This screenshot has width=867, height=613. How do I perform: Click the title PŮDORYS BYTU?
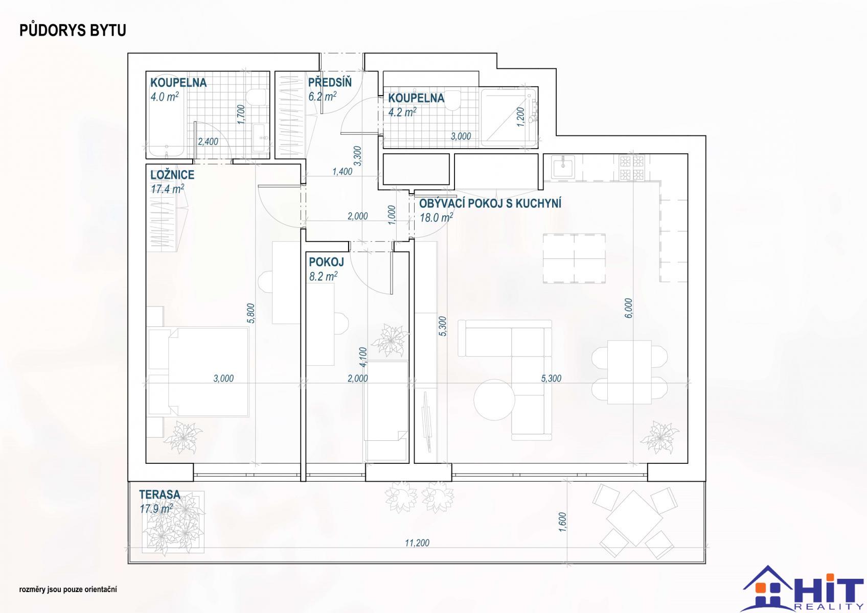point(73,31)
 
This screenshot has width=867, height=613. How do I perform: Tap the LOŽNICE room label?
point(172,175)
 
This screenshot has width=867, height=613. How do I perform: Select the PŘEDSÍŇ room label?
point(330,82)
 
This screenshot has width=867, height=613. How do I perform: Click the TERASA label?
point(159,494)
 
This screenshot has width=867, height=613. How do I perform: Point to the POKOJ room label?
point(326,262)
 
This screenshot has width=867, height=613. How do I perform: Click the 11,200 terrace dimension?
point(417,543)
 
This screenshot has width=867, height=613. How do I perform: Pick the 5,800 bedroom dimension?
point(251,313)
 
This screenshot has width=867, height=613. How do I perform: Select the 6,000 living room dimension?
point(629,308)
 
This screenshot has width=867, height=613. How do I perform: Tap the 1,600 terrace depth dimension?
point(563,522)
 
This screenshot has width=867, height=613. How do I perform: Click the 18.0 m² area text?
point(436,218)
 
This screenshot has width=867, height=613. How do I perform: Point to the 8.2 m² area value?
point(323,276)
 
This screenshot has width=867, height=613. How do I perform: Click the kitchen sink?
point(563,167)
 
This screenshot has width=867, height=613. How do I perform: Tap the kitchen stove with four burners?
point(631,168)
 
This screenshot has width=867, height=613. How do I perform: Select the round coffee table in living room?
point(494,399)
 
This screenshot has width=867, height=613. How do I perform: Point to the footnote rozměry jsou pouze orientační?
point(68,590)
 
